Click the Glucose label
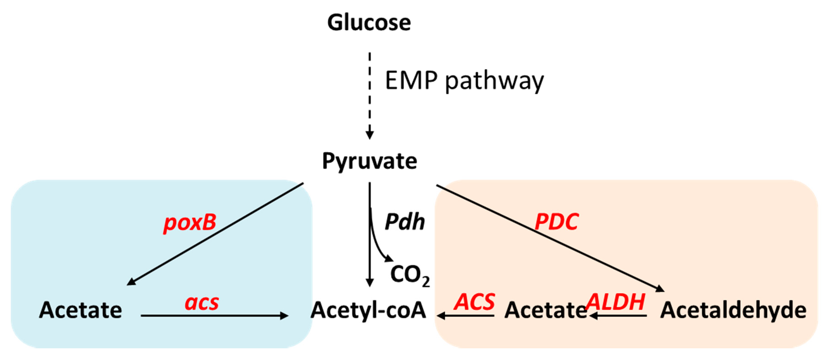click(x=369, y=23)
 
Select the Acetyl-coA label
click(x=368, y=310)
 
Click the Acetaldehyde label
click(x=733, y=310)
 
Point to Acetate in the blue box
click(x=81, y=310)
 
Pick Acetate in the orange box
click(x=546, y=310)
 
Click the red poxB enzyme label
click(x=190, y=222)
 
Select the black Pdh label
click(x=405, y=222)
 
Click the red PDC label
click(x=557, y=222)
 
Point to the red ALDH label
click(x=616, y=302)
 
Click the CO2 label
click(x=409, y=275)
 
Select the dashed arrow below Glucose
click(x=370, y=96)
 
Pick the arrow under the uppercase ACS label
click(x=466, y=316)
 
